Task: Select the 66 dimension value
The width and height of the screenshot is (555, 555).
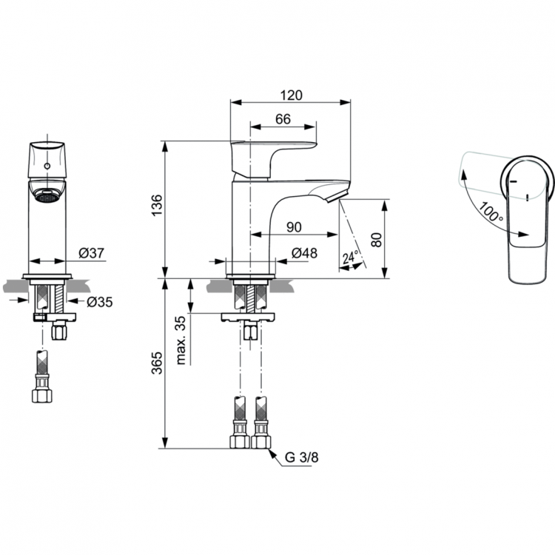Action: coord(283,118)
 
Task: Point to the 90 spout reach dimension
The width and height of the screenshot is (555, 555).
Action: coord(294,225)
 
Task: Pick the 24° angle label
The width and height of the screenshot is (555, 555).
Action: coord(350,258)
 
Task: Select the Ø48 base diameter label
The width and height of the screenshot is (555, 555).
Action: coord(304,253)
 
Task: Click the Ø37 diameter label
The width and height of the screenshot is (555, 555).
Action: coord(90,253)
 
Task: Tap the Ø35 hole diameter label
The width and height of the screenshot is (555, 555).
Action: coord(98,301)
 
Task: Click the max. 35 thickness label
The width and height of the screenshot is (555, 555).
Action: coord(181,338)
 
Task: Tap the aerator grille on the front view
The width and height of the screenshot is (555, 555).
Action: coord(47,197)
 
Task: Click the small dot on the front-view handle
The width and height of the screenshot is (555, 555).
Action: coord(47,167)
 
